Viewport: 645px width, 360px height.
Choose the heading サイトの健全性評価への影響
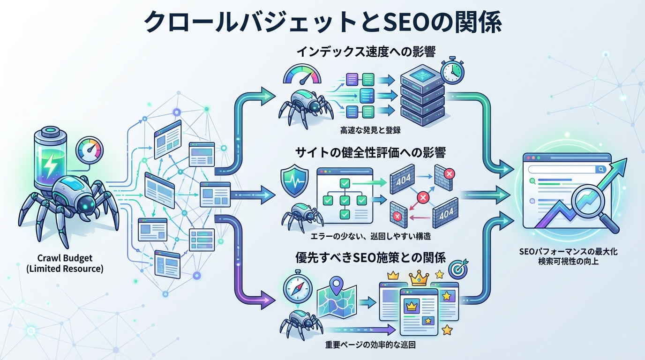[x=370, y=152]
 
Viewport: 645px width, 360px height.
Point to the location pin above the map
[x=336, y=285]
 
